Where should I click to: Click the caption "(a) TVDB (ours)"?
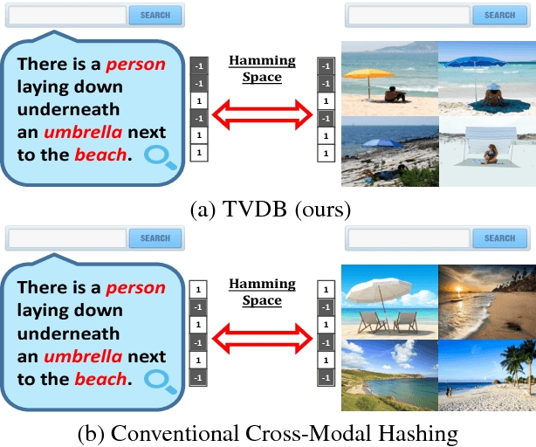coord(268,210)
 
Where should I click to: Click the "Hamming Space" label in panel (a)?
coord(262,69)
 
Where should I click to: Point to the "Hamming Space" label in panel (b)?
coord(262,292)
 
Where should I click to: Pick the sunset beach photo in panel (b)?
coord(486,300)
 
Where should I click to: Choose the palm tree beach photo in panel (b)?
coord(486,375)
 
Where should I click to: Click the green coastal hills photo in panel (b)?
coord(388,375)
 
